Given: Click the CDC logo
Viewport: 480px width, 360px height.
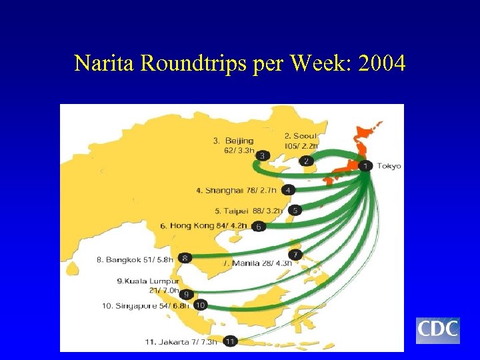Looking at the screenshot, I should point(438,330).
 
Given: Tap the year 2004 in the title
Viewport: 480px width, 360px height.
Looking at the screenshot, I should point(381,63).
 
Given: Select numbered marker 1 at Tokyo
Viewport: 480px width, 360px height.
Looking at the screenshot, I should point(365,165).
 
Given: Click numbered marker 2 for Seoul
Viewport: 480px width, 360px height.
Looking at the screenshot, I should point(306,161).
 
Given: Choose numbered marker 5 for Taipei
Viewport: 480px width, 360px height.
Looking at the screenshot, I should point(296,210).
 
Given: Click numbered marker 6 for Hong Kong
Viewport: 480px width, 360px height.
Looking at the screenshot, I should point(259,227).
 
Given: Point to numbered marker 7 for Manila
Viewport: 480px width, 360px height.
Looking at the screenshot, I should point(296,255).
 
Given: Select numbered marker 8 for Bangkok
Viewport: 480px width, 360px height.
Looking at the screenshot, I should point(185,258).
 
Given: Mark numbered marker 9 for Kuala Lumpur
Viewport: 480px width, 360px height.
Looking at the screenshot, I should point(187,294).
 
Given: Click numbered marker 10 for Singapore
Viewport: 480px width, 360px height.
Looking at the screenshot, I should point(200,305).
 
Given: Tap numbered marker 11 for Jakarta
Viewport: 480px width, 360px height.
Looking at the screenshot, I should point(230,341).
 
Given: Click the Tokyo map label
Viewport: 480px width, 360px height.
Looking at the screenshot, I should point(389,166).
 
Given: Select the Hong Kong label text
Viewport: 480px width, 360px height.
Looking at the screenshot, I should point(192,226).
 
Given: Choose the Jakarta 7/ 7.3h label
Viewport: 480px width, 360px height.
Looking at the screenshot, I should point(181,342).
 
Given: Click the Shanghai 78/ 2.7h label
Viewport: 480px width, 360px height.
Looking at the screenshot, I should point(236,191).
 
